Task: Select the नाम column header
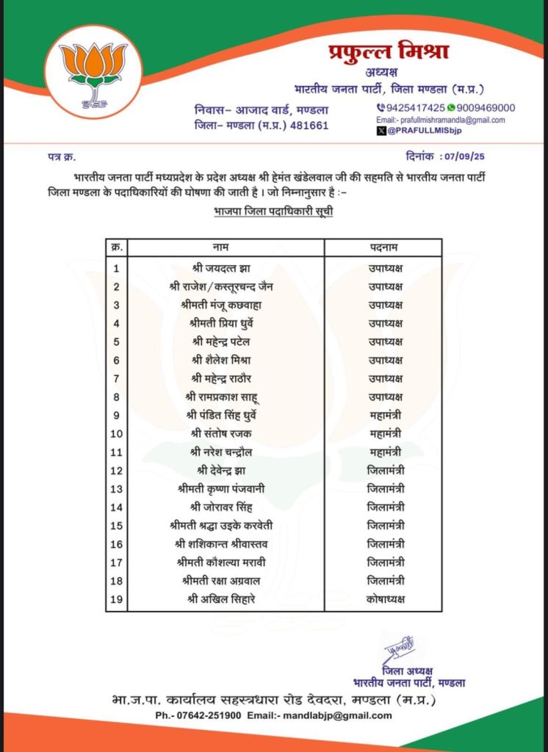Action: (x=224, y=247)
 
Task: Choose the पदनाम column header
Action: (x=385, y=247)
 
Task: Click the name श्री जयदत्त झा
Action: (x=224, y=267)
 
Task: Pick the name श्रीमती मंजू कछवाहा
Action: (x=224, y=304)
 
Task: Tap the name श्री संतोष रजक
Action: (x=224, y=433)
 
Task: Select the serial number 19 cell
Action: (x=116, y=599)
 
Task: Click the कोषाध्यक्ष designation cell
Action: (x=385, y=599)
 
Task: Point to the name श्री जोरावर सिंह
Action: (x=224, y=507)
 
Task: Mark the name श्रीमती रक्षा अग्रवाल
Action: (x=224, y=581)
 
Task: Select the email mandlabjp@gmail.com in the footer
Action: (x=339, y=715)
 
